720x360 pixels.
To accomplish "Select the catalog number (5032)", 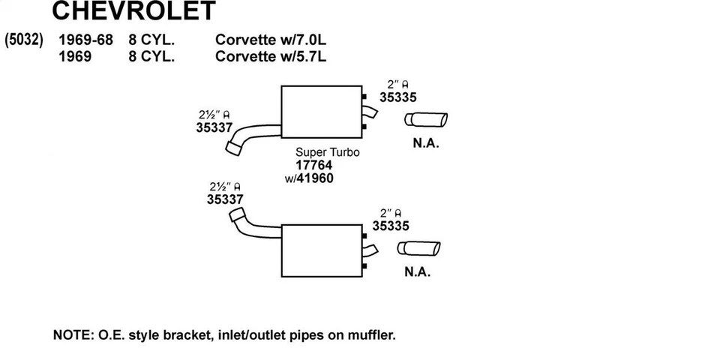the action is (24, 40).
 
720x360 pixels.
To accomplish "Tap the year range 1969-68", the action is (85, 40).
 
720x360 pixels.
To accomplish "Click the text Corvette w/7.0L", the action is (271, 40).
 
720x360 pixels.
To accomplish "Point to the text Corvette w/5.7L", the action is (271, 56).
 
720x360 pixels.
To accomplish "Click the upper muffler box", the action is (322, 112).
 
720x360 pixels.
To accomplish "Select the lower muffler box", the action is (322, 250).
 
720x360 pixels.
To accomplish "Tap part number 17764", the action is (314, 165).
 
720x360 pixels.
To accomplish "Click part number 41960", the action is (314, 178).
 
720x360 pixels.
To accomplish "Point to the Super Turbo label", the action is (328, 152).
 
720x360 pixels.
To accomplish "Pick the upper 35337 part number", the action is (214, 127).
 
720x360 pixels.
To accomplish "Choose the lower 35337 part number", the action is (225, 199).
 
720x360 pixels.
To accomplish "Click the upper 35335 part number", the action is (397, 97).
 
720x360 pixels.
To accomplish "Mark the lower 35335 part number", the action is (391, 226).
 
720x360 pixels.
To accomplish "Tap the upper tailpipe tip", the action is (426, 119).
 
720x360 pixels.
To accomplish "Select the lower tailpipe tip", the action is (418, 248).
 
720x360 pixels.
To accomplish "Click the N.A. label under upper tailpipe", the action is (426, 143).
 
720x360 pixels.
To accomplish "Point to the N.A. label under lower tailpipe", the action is (418, 271).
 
